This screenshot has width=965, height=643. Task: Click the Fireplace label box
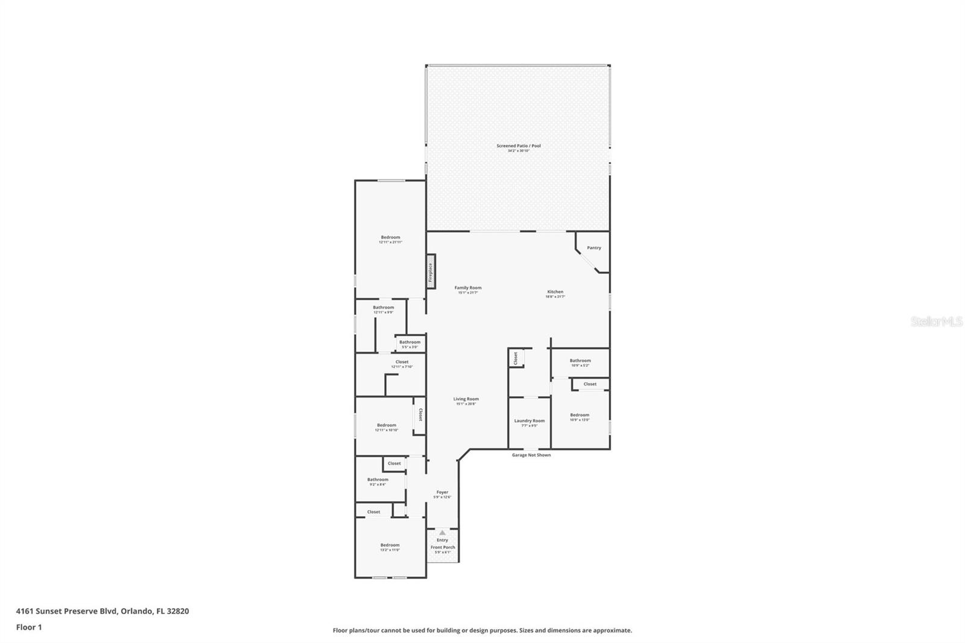click(x=431, y=272)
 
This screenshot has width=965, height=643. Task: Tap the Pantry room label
click(x=594, y=248)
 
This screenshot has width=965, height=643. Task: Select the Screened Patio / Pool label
click(x=518, y=146)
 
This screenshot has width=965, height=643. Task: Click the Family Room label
click(x=468, y=288)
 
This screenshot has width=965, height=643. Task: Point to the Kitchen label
click(x=555, y=293)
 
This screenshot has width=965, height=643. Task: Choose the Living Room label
click(x=466, y=399)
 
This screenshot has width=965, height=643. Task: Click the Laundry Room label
click(x=529, y=421)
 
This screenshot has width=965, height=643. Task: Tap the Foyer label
click(x=442, y=493)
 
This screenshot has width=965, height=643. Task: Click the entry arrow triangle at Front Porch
click(x=442, y=533)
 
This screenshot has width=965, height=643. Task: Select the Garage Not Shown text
click(x=531, y=455)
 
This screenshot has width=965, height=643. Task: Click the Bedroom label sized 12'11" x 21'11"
click(x=390, y=238)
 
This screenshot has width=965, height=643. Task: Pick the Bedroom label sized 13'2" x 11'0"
click(x=390, y=545)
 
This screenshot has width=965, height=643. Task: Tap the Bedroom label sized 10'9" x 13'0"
click(x=580, y=416)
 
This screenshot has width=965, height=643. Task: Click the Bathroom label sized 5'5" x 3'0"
click(x=410, y=343)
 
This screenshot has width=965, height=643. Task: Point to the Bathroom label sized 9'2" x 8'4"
click(x=378, y=480)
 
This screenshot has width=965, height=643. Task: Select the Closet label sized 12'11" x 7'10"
click(x=402, y=363)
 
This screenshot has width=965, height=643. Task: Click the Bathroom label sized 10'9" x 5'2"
click(x=580, y=361)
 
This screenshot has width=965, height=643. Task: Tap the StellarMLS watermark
click(x=935, y=321)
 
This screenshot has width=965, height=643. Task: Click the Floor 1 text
click(x=29, y=627)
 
